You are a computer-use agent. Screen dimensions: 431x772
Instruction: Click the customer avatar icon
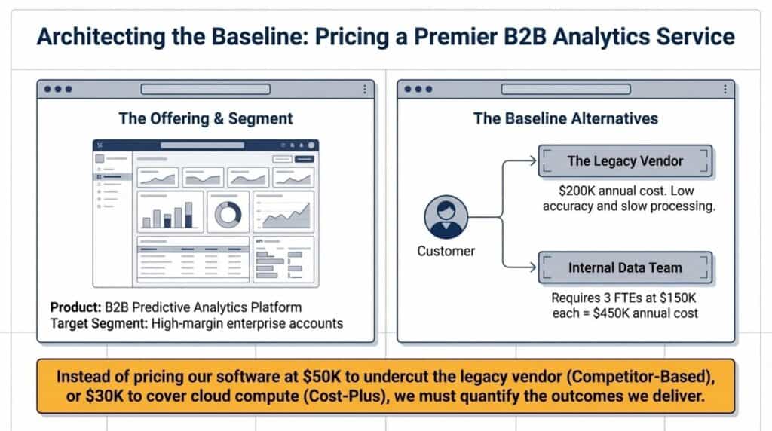click(x=446, y=217)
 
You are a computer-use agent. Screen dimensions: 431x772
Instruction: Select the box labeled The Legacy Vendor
click(x=624, y=161)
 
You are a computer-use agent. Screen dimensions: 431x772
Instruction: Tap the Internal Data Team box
click(x=624, y=267)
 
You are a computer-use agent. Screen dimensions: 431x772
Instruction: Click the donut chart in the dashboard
click(x=227, y=215)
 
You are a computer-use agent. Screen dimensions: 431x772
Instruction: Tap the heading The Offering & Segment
click(x=205, y=118)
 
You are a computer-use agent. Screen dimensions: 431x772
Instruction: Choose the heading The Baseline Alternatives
click(x=565, y=118)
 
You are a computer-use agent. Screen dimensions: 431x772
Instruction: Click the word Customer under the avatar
click(x=446, y=251)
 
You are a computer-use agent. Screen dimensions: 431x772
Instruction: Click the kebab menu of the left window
click(x=365, y=90)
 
